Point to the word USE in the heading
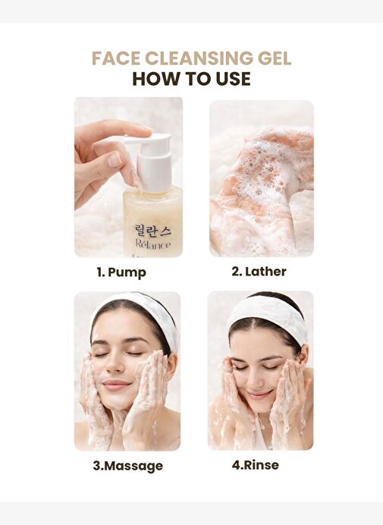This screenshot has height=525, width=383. pyautogui.click(x=233, y=79)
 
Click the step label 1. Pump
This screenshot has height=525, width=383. pyautogui.click(x=121, y=272)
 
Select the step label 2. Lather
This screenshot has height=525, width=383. pyautogui.click(x=259, y=272)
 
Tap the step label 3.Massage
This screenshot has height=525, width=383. pyautogui.click(x=128, y=466)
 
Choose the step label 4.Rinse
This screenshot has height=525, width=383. pyautogui.click(x=255, y=465)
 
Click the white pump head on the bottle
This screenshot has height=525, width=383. pyautogui.click(x=152, y=157)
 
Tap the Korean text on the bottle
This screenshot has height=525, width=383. pyautogui.click(x=153, y=230)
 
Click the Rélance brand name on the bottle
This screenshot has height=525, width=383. pyautogui.click(x=153, y=244)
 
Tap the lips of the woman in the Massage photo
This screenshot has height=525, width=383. pyautogui.click(x=115, y=384)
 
